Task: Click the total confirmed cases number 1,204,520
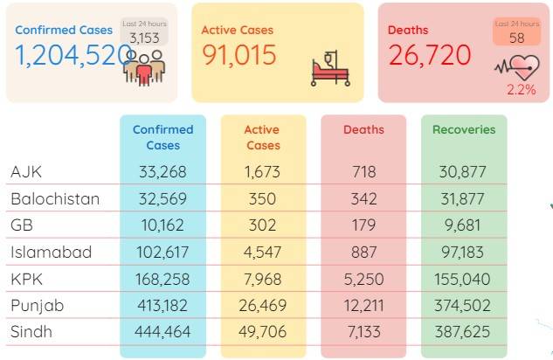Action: pos(73,55)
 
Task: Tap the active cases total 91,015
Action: pos(239,55)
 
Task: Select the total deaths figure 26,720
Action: pos(430,55)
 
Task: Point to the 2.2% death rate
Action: pos(522,89)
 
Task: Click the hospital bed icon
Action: pos(330,69)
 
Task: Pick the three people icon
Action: pos(144,67)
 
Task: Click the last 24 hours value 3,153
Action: pos(144,38)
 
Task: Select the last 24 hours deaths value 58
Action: pos(516,38)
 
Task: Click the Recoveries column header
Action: pos(464,129)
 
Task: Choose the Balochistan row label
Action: pos(55,199)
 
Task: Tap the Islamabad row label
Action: pos(52,253)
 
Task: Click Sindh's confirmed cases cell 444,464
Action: pos(162,332)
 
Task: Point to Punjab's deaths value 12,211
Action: pos(363,305)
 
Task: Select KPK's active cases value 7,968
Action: pos(262,280)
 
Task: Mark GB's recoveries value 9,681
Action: pos(462,225)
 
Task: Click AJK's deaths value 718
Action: pos(364,172)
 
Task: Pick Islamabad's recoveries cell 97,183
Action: pos(462,253)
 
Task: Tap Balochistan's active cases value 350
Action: pos(262,199)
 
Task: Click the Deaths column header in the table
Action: pos(363,129)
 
